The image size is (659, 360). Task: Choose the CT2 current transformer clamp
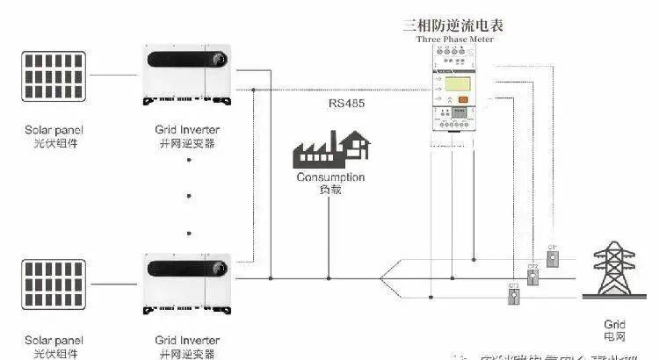(x=532, y=277)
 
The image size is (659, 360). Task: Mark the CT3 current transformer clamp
(x=513, y=296)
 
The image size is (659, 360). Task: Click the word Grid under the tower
(x=615, y=323)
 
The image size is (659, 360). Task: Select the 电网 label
(x=615, y=336)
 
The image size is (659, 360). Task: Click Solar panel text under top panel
(x=55, y=130)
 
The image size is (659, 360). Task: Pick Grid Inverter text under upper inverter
(x=186, y=130)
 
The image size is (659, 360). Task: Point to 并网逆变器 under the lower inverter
(x=186, y=352)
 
